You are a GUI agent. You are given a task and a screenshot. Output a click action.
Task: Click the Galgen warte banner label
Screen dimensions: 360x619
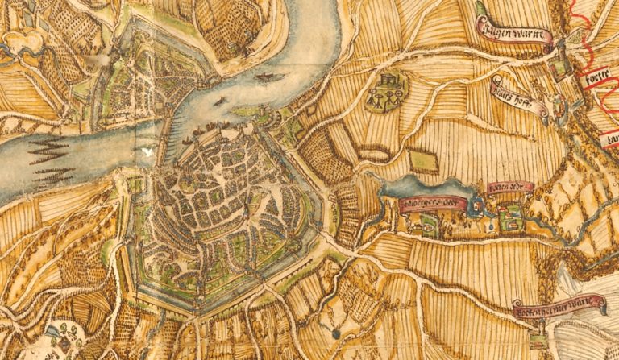pyautogui.click(x=513, y=35)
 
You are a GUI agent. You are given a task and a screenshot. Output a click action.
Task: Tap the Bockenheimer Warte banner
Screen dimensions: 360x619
pyautogui.click(x=559, y=307)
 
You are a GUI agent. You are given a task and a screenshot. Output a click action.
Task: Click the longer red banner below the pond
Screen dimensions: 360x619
pyautogui.click(x=432, y=203)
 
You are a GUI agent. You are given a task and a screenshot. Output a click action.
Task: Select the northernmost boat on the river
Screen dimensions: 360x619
pyautogui.click(x=264, y=78)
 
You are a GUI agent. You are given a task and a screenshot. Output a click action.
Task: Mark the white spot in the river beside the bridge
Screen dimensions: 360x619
pyautogui.click(x=147, y=151)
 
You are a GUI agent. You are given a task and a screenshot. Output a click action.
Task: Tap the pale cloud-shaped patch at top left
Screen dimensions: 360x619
pyautogui.click(x=24, y=40)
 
